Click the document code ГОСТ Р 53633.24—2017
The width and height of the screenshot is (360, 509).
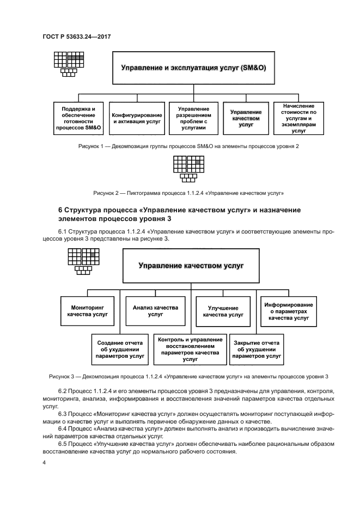pyautogui.click(x=81, y=36)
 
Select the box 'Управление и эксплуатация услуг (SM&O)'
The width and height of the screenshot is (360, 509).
pyautogui.click(x=193, y=69)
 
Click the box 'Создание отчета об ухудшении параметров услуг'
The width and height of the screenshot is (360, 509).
pyautogui.click(x=119, y=349)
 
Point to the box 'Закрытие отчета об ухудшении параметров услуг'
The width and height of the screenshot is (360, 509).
pyautogui.click(x=257, y=349)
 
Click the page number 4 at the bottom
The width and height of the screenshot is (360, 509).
pyautogui.click(x=44, y=463)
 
